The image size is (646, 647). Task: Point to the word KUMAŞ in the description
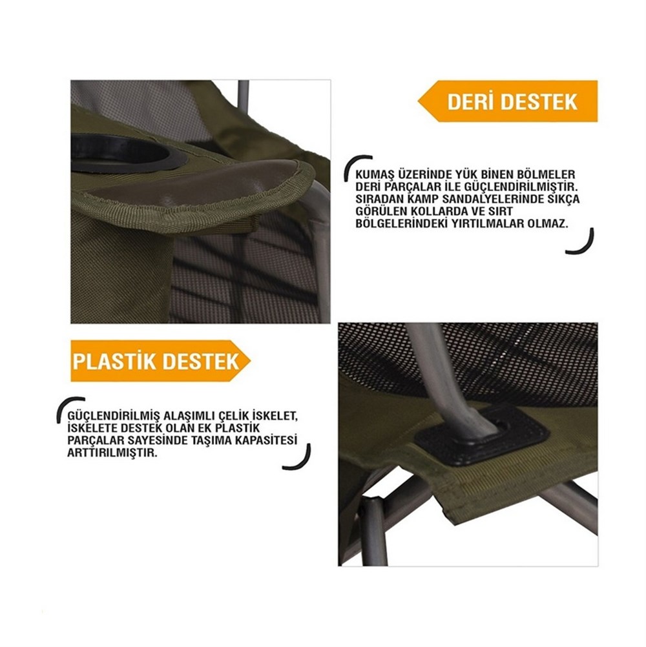(x=372, y=174)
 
